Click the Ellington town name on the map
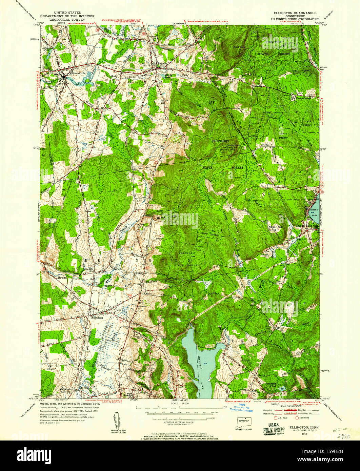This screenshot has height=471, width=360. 97,318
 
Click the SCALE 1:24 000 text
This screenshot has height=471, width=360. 180,403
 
